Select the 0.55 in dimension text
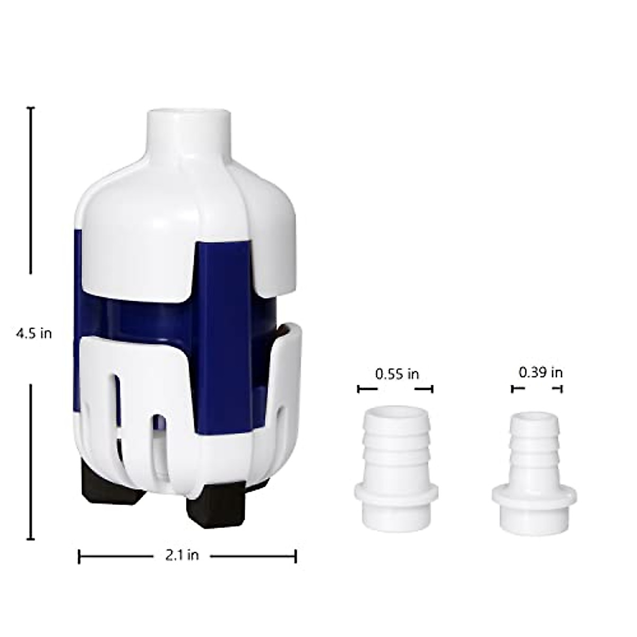click(397, 374)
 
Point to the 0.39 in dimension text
click(540, 372)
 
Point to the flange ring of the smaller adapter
click(534, 496)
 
